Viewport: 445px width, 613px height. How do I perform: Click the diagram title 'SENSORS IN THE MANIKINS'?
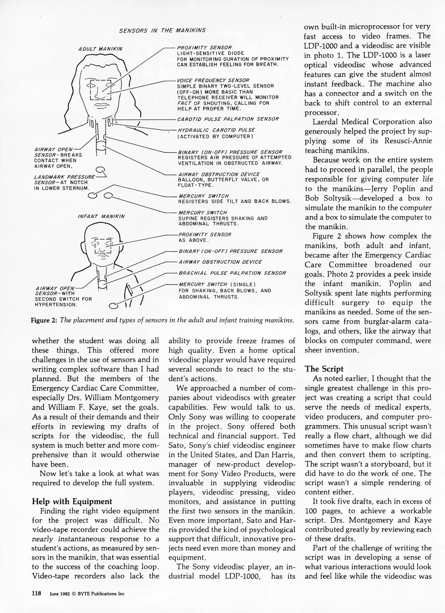click(162, 30)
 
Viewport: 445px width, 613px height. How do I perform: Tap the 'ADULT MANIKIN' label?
click(100, 49)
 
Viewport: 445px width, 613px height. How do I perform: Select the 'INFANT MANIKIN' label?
click(101, 216)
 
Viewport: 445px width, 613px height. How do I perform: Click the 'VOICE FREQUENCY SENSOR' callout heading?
click(213, 80)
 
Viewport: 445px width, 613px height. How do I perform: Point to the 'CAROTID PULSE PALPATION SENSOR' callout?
click(228, 119)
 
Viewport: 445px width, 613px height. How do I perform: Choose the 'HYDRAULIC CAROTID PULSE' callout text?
click(216, 130)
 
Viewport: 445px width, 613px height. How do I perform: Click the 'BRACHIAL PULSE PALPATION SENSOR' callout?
click(232, 273)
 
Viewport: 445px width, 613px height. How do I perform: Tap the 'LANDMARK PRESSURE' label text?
click(64, 177)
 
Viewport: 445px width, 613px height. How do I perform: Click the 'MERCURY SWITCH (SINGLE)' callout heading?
click(217, 284)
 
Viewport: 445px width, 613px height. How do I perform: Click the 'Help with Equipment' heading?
click(72, 501)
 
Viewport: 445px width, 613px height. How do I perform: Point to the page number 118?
click(37, 593)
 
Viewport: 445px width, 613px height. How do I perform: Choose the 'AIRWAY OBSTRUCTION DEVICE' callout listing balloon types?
click(218, 174)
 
